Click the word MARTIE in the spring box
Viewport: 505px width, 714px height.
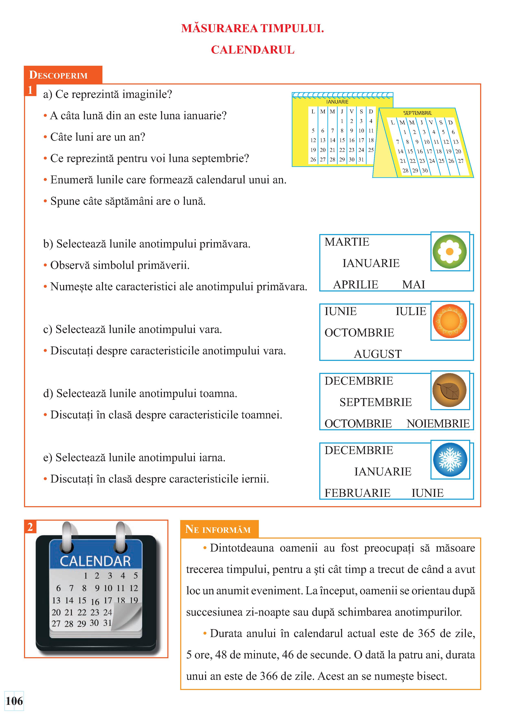click(347, 242)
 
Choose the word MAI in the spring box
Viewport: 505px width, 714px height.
click(413, 285)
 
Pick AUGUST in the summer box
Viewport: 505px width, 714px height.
click(378, 354)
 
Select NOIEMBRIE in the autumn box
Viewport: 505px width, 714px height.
click(438, 424)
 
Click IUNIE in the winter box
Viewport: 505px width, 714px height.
click(427, 493)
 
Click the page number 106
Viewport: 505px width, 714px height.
click(14, 701)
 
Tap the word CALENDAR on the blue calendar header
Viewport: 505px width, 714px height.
click(95, 561)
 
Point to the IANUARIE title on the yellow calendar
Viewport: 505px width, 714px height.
click(337, 102)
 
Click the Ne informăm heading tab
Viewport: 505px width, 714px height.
click(218, 529)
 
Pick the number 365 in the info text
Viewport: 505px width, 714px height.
click(426, 633)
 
